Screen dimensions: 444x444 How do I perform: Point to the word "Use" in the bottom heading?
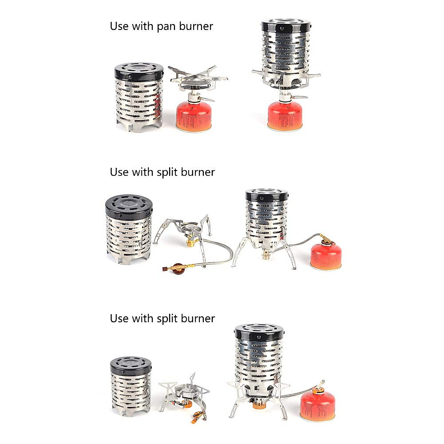(119, 319)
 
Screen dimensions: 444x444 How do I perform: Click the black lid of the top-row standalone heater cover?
(139, 71)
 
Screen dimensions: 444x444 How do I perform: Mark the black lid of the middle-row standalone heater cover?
(129, 206)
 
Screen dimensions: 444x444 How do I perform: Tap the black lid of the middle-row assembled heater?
(266, 195)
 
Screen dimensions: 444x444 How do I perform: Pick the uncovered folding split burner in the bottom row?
(184, 394)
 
